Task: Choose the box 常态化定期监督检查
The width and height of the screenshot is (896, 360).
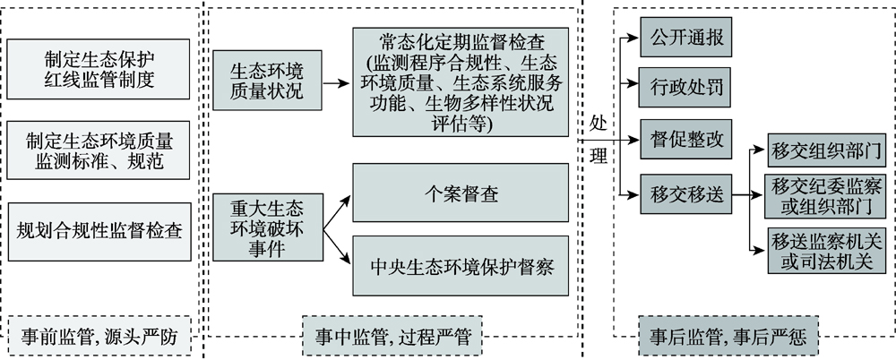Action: pyautogui.click(x=461, y=81)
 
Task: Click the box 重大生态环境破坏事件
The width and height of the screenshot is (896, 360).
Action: pyautogui.click(x=267, y=228)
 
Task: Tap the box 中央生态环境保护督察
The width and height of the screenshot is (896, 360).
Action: pyautogui.click(x=461, y=266)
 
